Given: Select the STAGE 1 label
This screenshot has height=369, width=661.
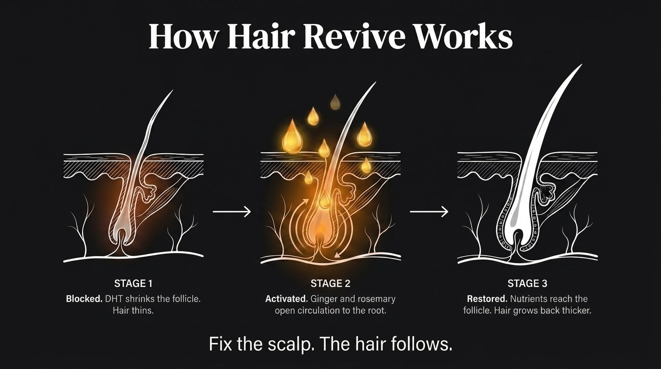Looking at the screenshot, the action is pyautogui.click(x=133, y=283).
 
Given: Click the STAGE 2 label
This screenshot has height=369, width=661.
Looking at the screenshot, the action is pyautogui.click(x=330, y=283).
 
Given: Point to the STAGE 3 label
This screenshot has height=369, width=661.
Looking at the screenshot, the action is pyautogui.click(x=527, y=283).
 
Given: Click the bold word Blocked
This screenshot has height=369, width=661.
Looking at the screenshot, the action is pyautogui.click(x=84, y=299).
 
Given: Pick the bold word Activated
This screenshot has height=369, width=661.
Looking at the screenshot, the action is pyautogui.click(x=286, y=299).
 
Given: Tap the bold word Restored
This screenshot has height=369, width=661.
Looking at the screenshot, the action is pyautogui.click(x=487, y=299).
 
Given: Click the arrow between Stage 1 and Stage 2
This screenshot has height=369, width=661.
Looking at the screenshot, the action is pyautogui.click(x=232, y=211).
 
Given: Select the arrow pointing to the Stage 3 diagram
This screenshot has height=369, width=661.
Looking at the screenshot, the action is pyautogui.click(x=429, y=211).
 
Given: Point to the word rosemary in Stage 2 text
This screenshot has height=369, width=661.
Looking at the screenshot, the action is pyautogui.click(x=377, y=299).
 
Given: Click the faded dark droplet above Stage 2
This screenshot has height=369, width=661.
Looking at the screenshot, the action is pyautogui.click(x=335, y=102).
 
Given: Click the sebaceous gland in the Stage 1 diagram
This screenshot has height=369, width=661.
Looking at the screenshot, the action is pyautogui.click(x=148, y=192).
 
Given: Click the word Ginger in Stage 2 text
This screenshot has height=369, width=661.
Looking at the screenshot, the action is pyautogui.click(x=324, y=299).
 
